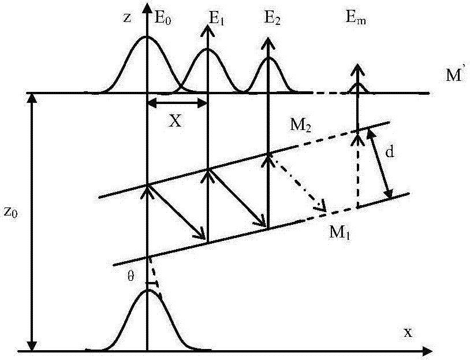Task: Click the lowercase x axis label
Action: coord(408,333)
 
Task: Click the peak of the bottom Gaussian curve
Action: coord(148,290)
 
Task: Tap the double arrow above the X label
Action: coord(177,103)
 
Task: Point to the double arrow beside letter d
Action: coord(381,163)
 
